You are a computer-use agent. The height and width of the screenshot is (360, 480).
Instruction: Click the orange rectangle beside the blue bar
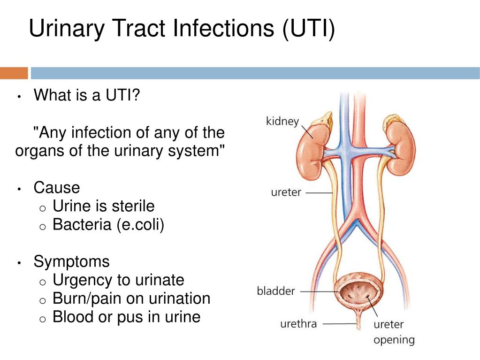[14, 73]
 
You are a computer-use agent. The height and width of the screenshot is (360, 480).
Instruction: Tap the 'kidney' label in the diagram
[282, 121]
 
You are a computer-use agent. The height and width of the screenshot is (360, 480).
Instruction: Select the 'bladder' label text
[276, 291]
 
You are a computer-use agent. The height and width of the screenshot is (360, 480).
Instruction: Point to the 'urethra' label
[298, 323]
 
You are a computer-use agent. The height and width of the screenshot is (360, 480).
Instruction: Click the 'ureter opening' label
[394, 332]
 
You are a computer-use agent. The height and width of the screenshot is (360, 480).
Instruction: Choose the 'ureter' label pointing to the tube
[286, 192]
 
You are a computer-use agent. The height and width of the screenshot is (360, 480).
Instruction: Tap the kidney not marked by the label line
[399, 147]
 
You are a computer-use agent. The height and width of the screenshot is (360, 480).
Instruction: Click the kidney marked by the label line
[313, 148]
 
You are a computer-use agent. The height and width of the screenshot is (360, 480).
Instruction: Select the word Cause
[57, 187]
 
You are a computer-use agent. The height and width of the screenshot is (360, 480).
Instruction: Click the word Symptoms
[72, 262]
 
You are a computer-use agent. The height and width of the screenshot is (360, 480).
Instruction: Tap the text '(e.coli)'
[140, 224]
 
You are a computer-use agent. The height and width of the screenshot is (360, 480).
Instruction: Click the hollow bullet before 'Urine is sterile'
[43, 209]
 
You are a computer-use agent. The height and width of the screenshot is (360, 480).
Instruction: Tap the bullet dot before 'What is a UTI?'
[19, 97]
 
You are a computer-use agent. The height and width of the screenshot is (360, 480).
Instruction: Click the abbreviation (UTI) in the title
[309, 28]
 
